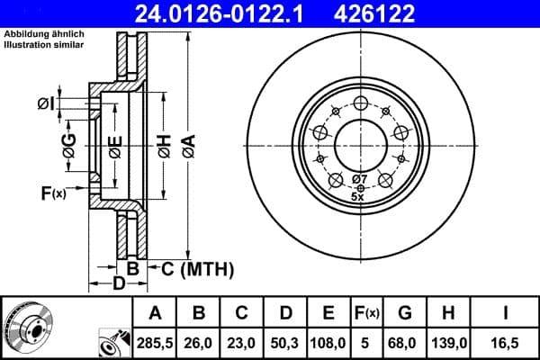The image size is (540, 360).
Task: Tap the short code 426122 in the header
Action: [413, 14]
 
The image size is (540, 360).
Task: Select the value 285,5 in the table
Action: [153, 341]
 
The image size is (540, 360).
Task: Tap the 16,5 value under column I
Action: [505, 341]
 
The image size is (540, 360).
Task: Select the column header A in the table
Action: [153, 313]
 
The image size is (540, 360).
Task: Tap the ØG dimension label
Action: [68, 144]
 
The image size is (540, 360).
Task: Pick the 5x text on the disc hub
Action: [357, 196]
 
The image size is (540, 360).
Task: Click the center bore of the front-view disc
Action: [359, 143]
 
